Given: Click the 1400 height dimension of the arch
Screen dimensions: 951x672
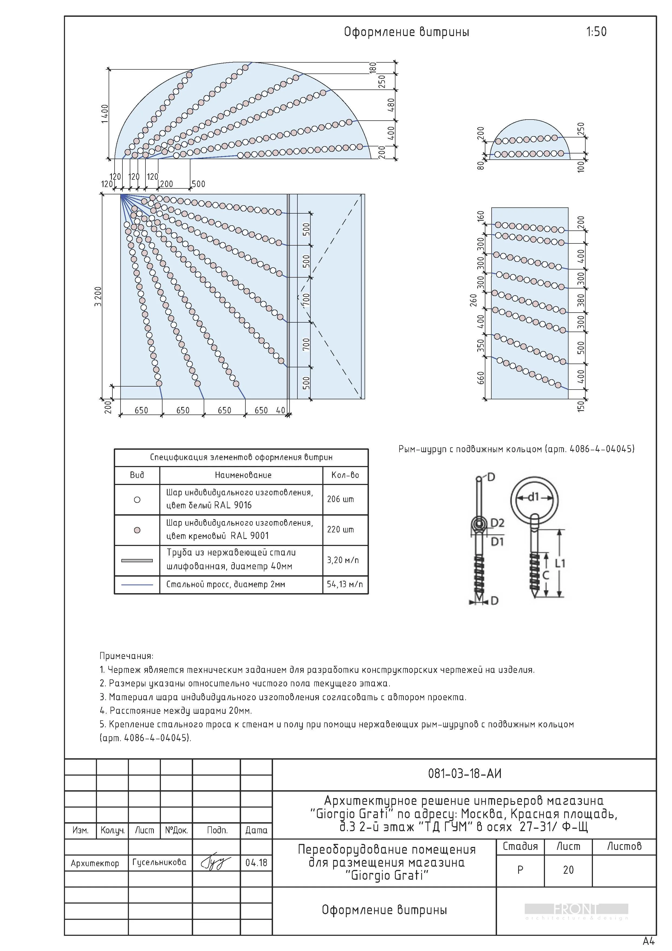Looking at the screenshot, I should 105,114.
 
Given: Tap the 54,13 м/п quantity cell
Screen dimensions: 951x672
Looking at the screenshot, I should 345,584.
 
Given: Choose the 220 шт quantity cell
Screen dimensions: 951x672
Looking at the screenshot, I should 340,529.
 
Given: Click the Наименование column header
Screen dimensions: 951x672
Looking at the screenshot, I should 243,475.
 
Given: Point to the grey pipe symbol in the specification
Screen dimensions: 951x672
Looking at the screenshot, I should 137,560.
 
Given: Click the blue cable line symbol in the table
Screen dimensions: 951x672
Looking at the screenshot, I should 137,584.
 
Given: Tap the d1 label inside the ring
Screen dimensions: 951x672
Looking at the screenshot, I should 534,497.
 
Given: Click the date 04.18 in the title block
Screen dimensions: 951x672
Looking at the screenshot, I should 256,863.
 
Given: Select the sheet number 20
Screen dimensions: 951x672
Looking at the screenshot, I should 568,870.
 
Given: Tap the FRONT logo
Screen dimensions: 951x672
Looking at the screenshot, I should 576,910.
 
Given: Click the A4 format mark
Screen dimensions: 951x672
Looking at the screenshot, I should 648,941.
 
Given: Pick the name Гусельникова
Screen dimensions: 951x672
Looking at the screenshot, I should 159,862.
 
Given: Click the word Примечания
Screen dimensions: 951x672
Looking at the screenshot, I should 126,656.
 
